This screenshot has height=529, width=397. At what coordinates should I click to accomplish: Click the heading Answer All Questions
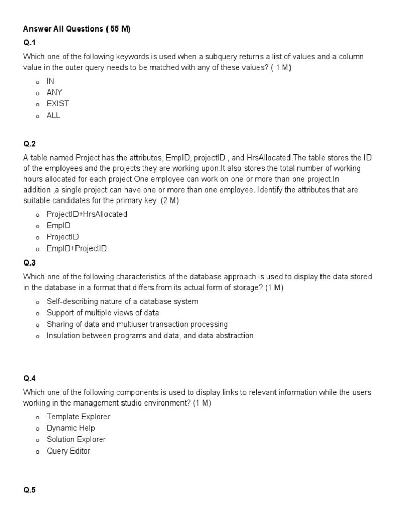[77, 29]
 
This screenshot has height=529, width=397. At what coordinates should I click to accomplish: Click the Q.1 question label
[29, 42]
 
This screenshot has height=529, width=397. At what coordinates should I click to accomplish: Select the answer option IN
[50, 81]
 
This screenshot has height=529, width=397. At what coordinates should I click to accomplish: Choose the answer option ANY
[54, 92]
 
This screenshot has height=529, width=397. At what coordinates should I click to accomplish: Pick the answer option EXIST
[57, 104]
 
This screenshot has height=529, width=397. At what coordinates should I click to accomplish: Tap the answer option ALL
[53, 115]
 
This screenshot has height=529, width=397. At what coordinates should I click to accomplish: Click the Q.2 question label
[29, 144]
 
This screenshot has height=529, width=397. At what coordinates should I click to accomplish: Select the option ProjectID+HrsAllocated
[86, 214]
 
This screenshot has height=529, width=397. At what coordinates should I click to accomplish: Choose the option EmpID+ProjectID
[77, 248]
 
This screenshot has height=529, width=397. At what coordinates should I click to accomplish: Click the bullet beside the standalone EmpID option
[38, 226]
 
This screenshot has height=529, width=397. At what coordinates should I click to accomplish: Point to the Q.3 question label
[29, 263]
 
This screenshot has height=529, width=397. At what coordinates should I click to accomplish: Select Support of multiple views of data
[102, 313]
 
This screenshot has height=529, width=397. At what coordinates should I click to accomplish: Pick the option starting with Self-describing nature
[122, 301]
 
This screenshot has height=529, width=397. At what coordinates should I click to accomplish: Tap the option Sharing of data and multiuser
[137, 324]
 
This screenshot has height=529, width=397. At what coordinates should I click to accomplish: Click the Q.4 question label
[29, 378]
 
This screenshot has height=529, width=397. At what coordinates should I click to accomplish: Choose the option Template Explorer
[78, 416]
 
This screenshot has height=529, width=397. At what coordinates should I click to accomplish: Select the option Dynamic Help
[70, 428]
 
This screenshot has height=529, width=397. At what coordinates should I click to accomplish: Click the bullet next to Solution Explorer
[38, 440]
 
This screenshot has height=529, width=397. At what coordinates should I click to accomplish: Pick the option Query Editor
[68, 451]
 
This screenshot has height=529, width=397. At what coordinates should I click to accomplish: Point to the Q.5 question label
[29, 491]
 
